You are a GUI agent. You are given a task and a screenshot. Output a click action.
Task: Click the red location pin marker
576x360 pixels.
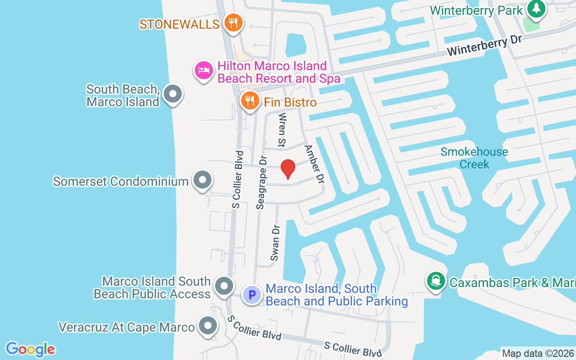pyautogui.click(x=288, y=169)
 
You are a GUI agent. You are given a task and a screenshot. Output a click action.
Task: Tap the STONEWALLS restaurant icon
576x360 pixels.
pyautogui.click(x=233, y=23)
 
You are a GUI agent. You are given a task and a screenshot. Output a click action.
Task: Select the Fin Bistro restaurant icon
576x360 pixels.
pyautogui.click(x=249, y=101)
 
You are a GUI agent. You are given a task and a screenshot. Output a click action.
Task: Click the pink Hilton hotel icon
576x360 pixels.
pyautogui.click(x=203, y=71)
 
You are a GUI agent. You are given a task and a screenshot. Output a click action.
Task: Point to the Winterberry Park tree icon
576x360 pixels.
pyautogui.click(x=536, y=9)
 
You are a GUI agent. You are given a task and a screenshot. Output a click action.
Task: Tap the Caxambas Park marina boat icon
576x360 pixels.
pyautogui.click(x=435, y=281)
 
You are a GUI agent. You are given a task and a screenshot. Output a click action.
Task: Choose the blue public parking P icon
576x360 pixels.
pyautogui.click(x=252, y=295)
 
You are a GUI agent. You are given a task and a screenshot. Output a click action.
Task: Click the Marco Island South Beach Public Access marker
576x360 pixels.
pyautogui.click(x=224, y=286)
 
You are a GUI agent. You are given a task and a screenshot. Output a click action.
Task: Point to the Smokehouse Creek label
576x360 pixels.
pyautogui.click(x=474, y=158)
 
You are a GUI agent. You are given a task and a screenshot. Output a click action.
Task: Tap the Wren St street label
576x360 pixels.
pyautogui.click(x=282, y=130)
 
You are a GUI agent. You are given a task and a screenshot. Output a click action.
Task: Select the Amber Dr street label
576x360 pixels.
pyautogui.click(x=314, y=164)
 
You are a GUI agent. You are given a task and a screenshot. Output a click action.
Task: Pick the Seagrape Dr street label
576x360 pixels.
pyautogui.click(x=261, y=182)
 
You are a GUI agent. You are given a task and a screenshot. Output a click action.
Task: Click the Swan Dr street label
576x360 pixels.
pyautogui.click(x=275, y=243)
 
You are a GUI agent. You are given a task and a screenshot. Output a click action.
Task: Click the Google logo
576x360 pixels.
pyautogui.click(x=30, y=349)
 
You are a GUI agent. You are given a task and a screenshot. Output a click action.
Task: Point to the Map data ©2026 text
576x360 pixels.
pyautogui.click(x=538, y=353)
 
